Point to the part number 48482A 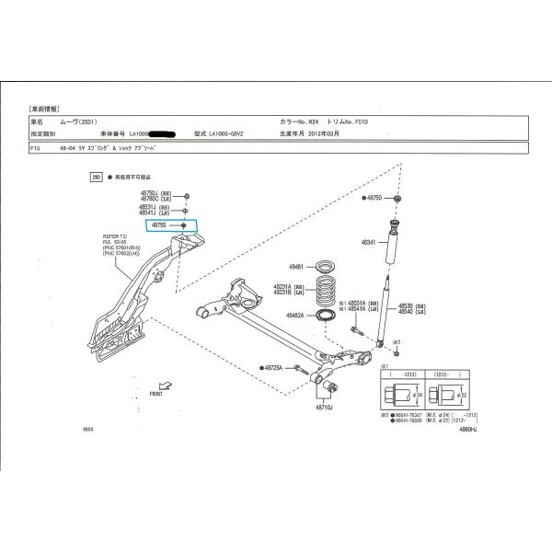coord(295,316)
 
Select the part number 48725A coord(273,368)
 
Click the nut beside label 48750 coord(397,199)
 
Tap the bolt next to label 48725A coord(300,370)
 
